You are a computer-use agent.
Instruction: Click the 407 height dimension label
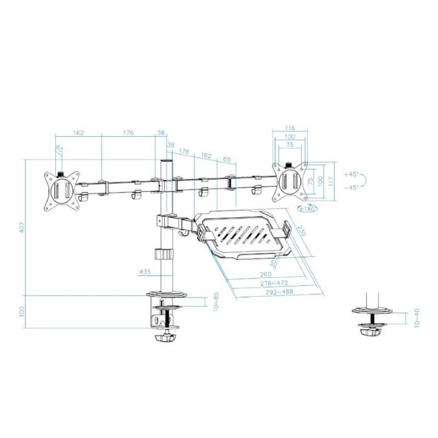click(22, 228)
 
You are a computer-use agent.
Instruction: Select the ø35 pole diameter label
click(145, 272)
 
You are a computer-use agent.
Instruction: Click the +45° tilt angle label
click(351, 174)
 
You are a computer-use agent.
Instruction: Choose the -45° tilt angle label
click(351, 187)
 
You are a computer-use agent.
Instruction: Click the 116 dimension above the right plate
click(290, 128)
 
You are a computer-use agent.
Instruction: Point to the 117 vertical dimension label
click(331, 181)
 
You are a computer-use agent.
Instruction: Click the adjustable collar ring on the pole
click(163, 254)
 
